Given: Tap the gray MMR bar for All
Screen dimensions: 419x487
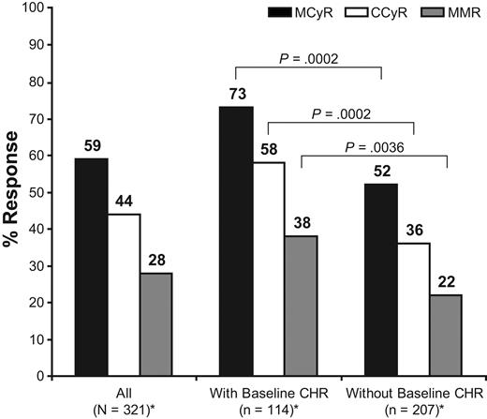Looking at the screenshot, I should pyautogui.click(x=155, y=323).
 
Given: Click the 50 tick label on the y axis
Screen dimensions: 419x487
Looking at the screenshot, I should pyautogui.click(x=40, y=192).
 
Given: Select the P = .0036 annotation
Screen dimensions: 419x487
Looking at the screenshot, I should pyautogui.click(x=374, y=146).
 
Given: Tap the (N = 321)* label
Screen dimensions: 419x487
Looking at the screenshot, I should pyautogui.click(x=123, y=409).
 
